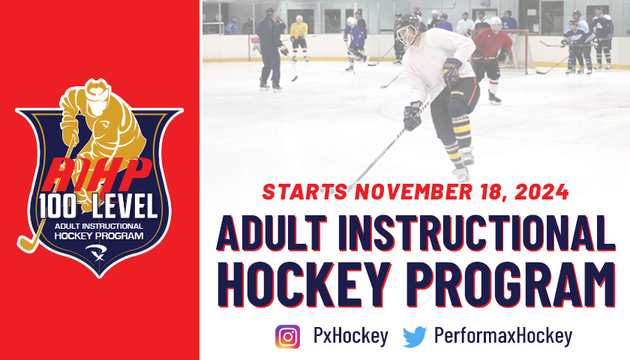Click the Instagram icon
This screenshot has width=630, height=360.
(x=287, y=336)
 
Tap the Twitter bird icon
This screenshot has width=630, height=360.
(x=415, y=337)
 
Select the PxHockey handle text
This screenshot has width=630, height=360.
(x=350, y=336)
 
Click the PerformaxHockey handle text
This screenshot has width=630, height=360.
(x=502, y=336)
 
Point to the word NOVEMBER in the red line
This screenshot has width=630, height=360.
(x=413, y=192)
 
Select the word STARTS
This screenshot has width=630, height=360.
(x=305, y=192)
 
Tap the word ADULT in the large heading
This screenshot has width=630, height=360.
(x=272, y=233)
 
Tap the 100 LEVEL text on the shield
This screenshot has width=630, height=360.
(x=98, y=206)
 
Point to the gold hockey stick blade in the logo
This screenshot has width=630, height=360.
(x=27, y=243)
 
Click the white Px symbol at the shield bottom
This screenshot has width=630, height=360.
(x=96, y=253)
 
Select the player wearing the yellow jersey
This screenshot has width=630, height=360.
(x=298, y=38)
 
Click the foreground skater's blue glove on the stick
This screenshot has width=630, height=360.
(x=412, y=116)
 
